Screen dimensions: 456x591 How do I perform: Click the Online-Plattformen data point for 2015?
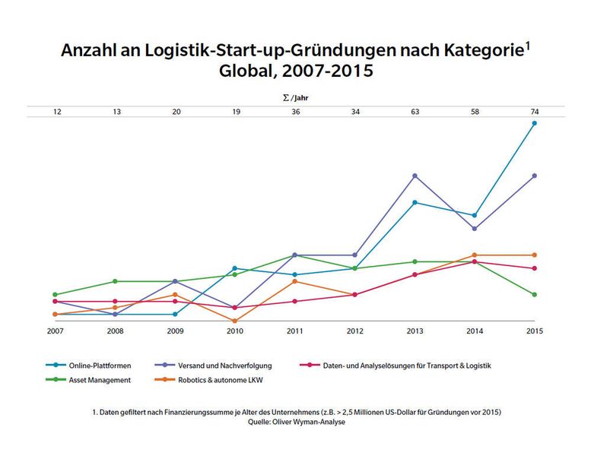coord(534,123)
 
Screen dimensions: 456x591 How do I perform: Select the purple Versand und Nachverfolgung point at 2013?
coord(415,176)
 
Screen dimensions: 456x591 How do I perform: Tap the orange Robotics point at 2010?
coord(235,321)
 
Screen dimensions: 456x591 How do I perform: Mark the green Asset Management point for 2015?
coord(534,294)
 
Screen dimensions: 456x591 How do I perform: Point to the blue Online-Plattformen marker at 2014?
coord(475,216)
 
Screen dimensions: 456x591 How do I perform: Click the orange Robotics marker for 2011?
coord(295,281)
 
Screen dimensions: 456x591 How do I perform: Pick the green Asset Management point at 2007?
coord(56,294)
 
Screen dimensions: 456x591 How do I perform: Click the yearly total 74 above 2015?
coord(534,112)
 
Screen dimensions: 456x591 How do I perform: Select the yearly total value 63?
coord(415,112)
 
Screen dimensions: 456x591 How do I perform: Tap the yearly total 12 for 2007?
coord(56,112)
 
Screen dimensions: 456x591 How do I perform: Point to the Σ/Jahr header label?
coord(295,98)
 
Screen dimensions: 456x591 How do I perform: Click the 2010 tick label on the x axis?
coord(235,331)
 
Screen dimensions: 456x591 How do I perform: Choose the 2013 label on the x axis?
coord(415,331)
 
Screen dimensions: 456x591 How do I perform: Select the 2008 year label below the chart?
coord(116,331)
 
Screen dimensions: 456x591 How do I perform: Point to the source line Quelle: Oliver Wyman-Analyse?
coord(295,422)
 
